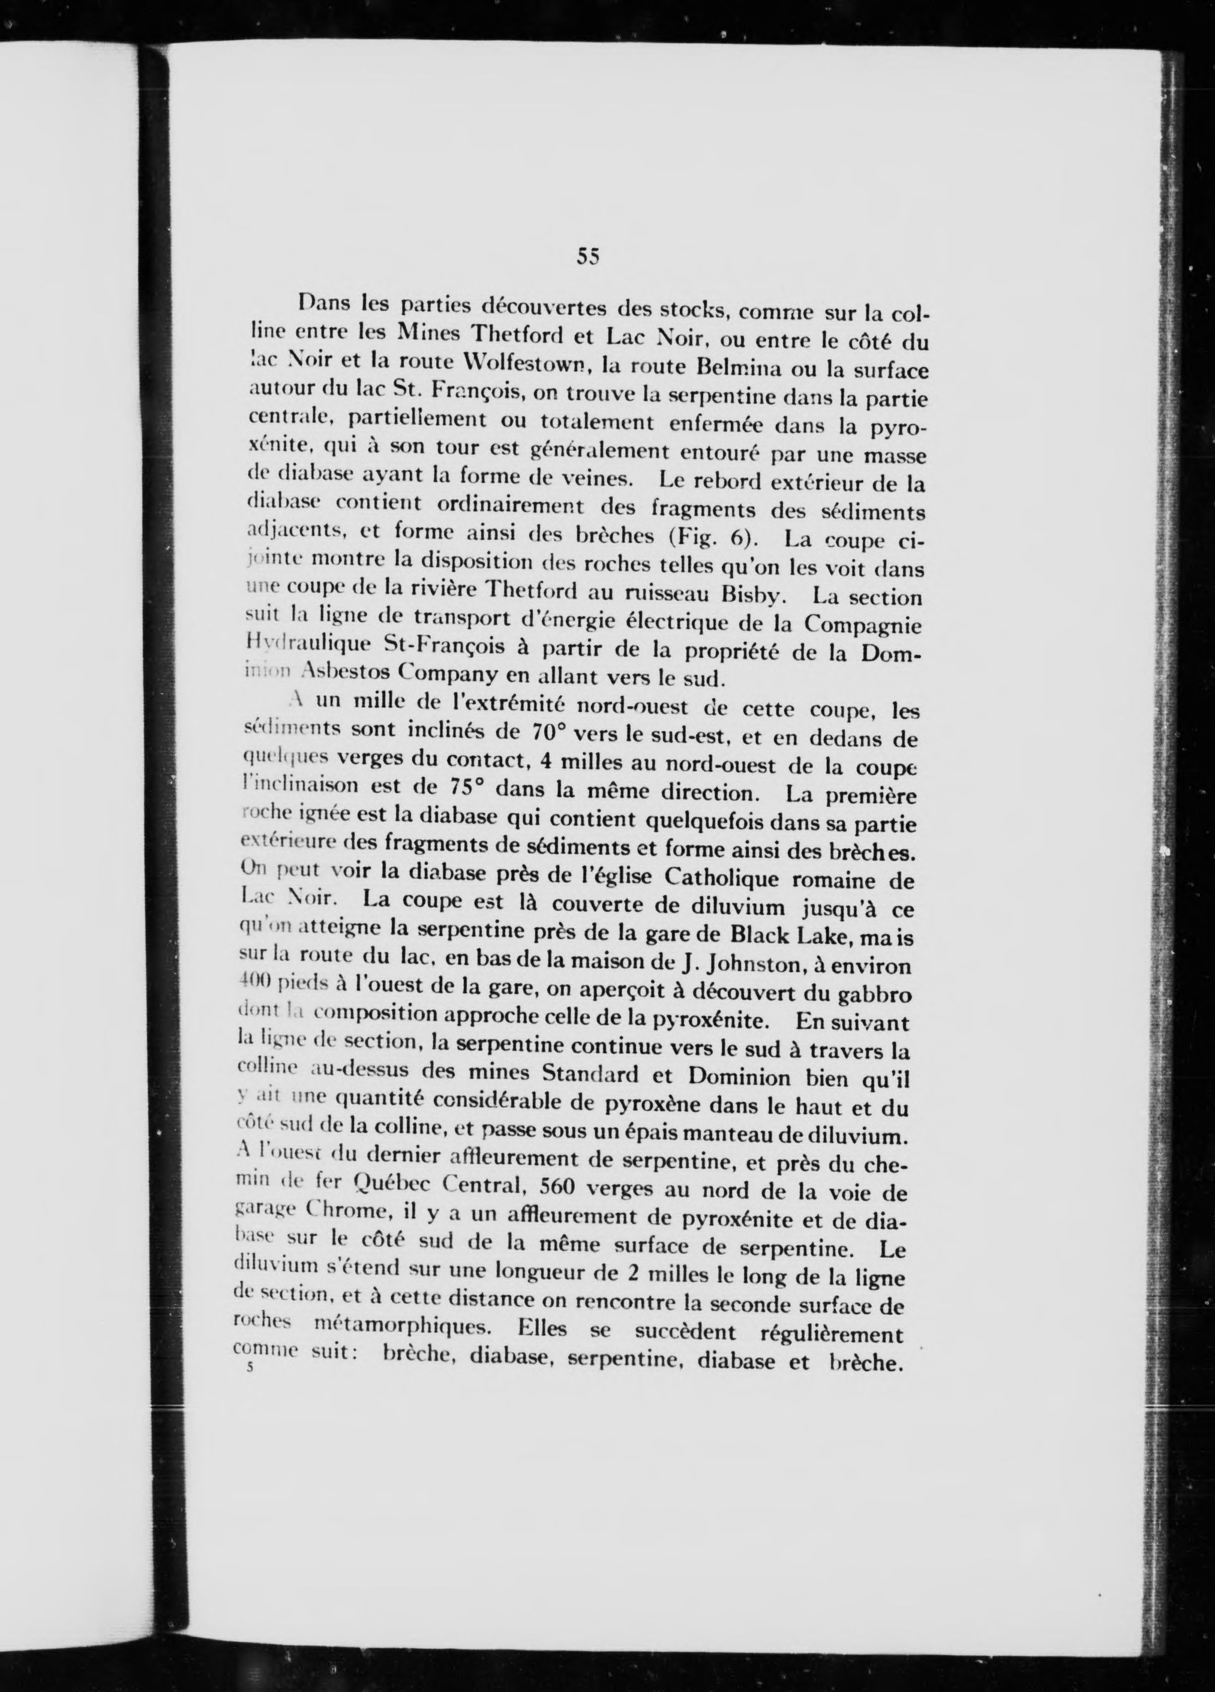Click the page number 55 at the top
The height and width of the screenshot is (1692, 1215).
click(588, 257)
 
